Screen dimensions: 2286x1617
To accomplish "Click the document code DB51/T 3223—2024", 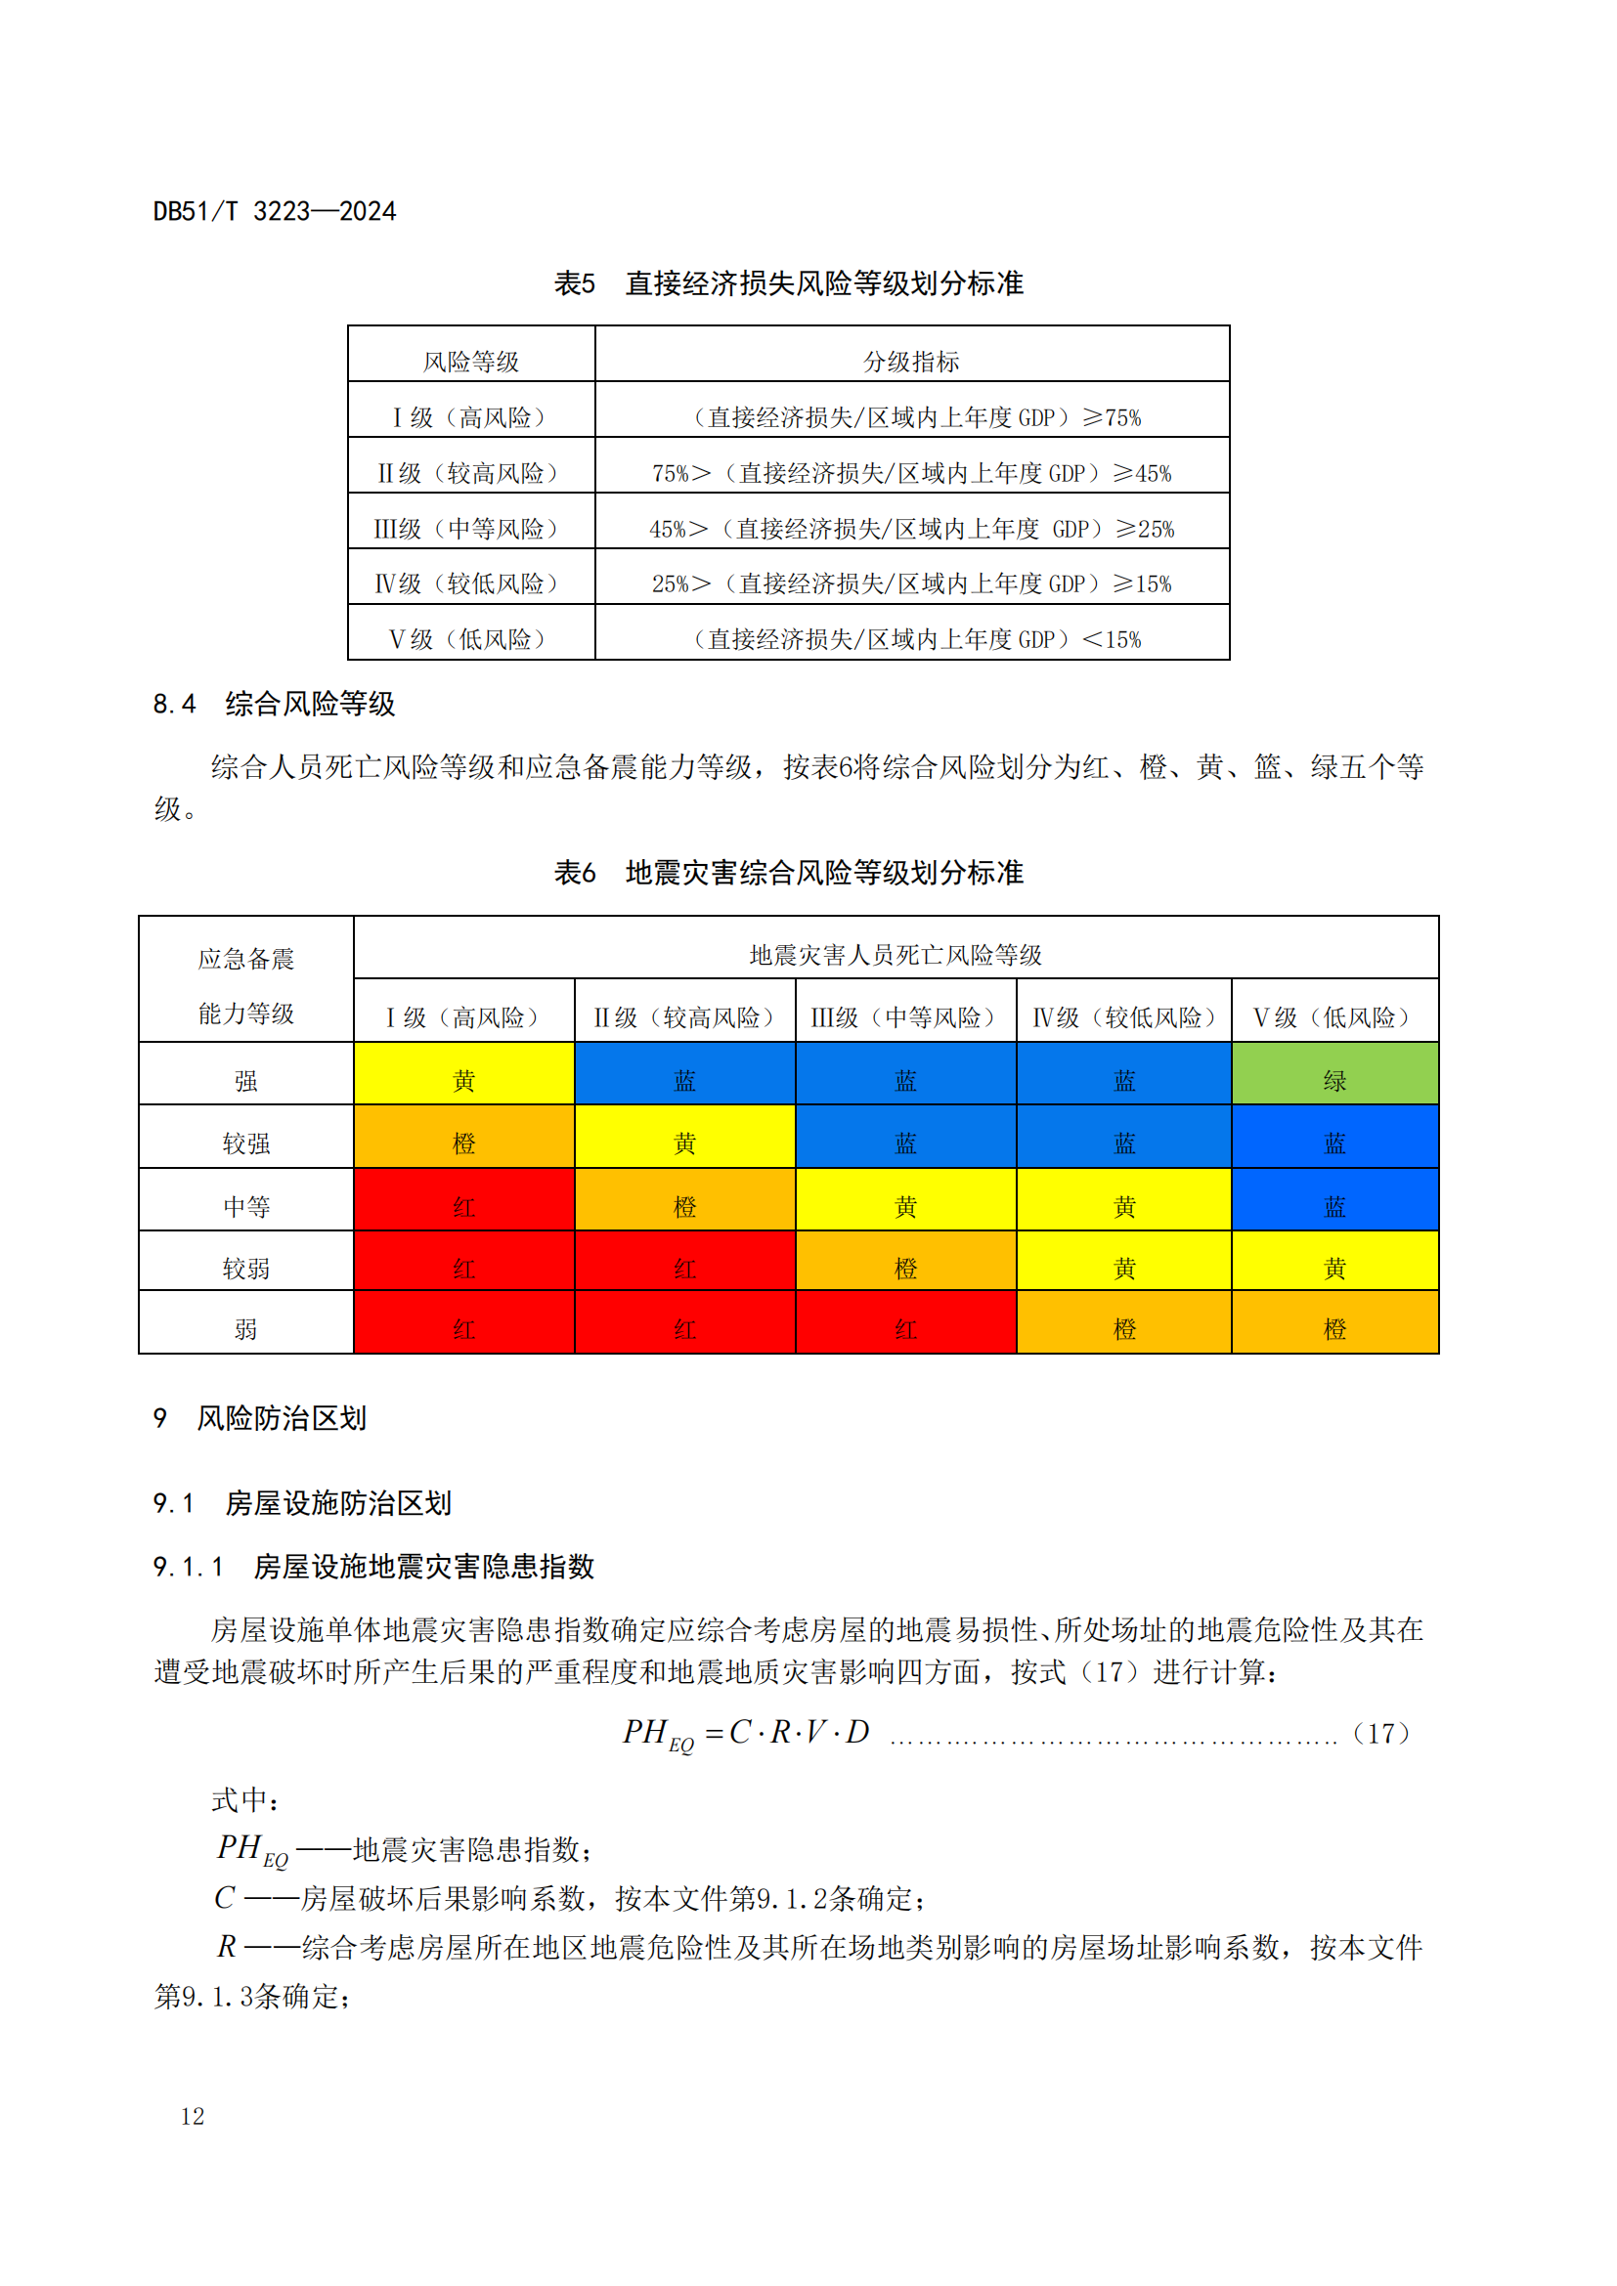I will coord(274,211).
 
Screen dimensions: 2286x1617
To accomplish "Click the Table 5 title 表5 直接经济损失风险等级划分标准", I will coord(788,283).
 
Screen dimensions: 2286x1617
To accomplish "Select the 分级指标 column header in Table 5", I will coord(911,361).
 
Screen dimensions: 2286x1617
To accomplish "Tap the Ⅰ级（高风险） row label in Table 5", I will coord(470,417).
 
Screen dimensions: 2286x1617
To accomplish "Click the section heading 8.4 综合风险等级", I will coord(274,704).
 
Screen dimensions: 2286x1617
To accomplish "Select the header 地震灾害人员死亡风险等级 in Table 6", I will coord(896,955).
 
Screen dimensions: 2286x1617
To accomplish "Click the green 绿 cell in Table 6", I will coord(1334,1080).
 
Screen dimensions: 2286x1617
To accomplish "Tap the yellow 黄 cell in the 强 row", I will coord(464,1080).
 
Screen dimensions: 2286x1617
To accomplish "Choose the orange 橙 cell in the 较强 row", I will coord(464,1143).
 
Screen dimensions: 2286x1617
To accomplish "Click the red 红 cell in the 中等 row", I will coord(464,1207).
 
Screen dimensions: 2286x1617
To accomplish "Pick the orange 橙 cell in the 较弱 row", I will coord(905,1269).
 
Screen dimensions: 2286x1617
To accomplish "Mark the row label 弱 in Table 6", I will coord(246,1329).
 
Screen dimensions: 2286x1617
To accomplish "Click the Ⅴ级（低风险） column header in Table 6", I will coord(1334,1017).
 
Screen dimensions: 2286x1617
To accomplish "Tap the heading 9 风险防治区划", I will coord(261,1418).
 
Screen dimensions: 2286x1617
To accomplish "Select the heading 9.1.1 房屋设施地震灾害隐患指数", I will coord(373,1566).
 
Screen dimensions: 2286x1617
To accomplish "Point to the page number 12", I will coord(193,2116).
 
